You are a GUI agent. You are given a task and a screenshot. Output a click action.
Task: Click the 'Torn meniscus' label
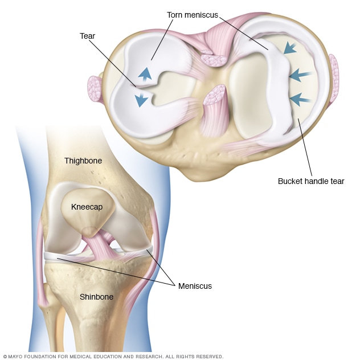(x=193, y=15)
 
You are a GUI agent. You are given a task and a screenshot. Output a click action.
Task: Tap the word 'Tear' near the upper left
(x=87, y=36)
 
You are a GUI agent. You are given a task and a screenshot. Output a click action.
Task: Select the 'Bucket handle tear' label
(x=311, y=181)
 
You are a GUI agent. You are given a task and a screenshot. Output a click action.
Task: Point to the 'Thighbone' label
(x=83, y=161)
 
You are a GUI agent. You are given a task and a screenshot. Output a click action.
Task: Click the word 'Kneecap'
(x=87, y=207)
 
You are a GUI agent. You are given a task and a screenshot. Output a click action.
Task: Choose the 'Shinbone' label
(x=96, y=297)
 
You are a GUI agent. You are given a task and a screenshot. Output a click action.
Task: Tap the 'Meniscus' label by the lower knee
(x=195, y=286)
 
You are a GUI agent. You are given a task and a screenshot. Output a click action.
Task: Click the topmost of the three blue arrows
(x=290, y=48)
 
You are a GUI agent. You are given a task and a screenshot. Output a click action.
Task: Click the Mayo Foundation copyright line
(x=113, y=357)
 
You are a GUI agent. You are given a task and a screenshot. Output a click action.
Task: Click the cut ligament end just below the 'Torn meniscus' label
(x=214, y=60)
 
